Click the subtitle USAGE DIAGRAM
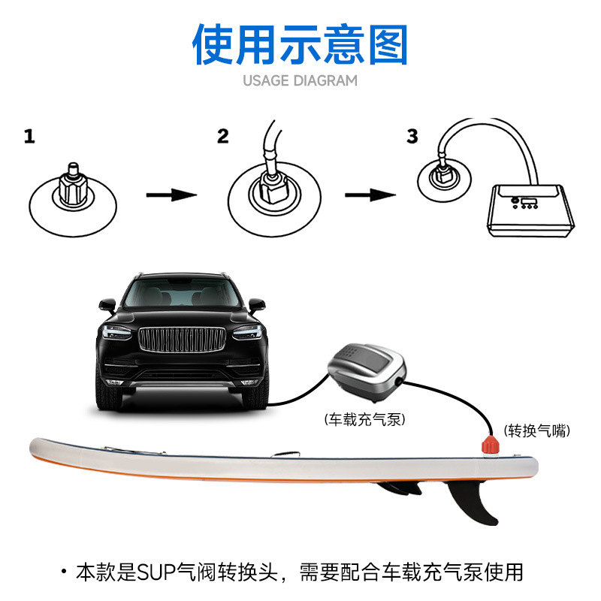pyautogui.click(x=300, y=80)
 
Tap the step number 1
pyautogui.click(x=29, y=137)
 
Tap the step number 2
pyautogui.click(x=222, y=136)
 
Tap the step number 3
pyautogui.click(x=412, y=136)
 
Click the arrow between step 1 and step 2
pyautogui.click(x=171, y=195)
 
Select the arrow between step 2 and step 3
pyautogui.click(x=370, y=195)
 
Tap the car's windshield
pyautogui.click(x=183, y=294)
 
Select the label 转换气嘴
pyautogui.click(x=536, y=431)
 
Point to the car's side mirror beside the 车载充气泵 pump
pyautogui.click(x=257, y=307)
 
